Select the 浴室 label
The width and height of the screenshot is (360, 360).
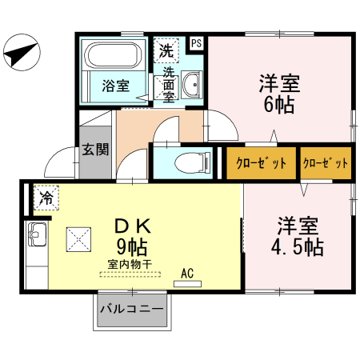tap(116, 86)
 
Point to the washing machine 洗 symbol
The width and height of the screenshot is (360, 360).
tap(166, 50)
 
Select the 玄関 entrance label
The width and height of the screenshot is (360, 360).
tap(94, 150)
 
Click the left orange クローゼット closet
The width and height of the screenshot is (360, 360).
tap(261, 163)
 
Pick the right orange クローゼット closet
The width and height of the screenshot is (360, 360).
tap(326, 163)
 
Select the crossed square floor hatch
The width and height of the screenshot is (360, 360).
tap(78, 238)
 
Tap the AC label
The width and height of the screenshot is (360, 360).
tap(188, 274)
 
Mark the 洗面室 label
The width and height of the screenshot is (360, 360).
tap(169, 84)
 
